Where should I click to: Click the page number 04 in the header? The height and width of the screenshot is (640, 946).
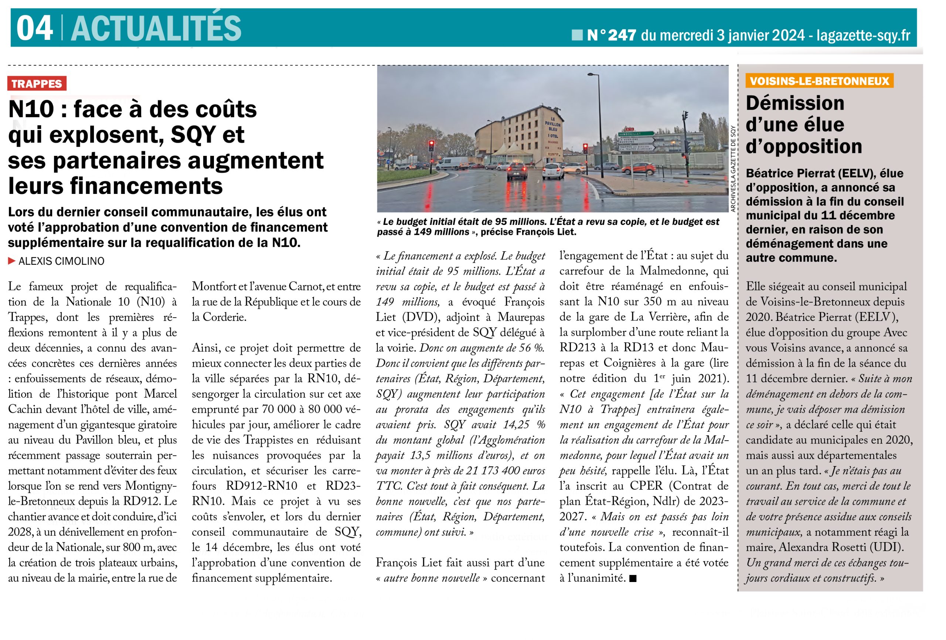click(x=34, y=28)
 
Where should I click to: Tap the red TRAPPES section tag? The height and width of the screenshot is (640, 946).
click(x=37, y=84)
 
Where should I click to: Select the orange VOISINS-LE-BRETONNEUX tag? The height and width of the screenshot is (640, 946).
click(x=819, y=81)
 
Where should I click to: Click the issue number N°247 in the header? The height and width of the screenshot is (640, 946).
click(x=612, y=35)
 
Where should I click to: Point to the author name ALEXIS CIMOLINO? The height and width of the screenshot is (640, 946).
click(x=61, y=261)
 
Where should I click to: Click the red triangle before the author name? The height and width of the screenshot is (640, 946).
click(x=12, y=261)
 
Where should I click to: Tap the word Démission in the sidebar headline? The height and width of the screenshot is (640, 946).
click(x=794, y=103)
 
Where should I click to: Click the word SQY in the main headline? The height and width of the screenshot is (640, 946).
click(x=207, y=135)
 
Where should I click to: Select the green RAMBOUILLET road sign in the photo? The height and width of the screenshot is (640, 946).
click(x=636, y=133)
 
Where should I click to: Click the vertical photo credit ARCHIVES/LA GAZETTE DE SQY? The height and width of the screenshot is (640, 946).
click(x=733, y=169)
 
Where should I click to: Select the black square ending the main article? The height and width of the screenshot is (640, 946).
click(x=633, y=579)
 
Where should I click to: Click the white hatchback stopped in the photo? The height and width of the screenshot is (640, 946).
click(x=554, y=171)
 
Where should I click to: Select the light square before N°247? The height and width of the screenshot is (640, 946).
click(x=577, y=35)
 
